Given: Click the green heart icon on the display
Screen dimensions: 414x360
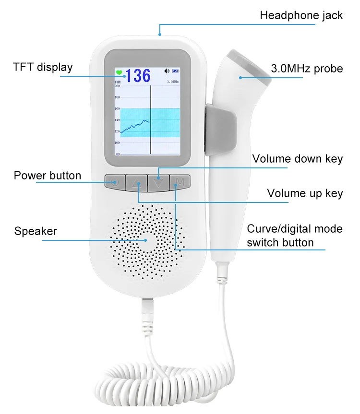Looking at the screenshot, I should pos(119,73).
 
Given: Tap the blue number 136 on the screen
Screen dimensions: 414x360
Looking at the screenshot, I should pos(138,75).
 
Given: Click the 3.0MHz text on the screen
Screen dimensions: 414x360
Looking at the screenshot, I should pos(173,83).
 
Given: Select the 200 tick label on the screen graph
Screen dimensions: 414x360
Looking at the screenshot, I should pos(117,86).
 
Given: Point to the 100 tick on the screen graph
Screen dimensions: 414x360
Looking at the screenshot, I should pos(117,143).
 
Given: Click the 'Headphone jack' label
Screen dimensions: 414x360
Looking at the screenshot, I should pos(301,15).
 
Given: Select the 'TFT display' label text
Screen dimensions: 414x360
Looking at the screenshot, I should pos(43,67).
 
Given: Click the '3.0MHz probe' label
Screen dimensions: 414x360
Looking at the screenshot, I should pos(307,69).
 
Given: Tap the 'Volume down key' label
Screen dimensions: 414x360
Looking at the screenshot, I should pos(298,159).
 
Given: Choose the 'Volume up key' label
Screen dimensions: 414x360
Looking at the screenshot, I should pos(305,193).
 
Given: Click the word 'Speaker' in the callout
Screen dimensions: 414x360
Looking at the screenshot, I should pos(36,231).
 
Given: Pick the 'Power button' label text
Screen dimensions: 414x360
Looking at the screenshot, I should pos(47,175).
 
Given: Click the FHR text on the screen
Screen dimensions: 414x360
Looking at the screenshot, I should pos(118,83).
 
